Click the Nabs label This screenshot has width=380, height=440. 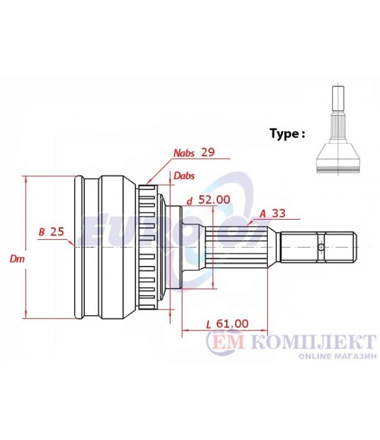click(184, 153)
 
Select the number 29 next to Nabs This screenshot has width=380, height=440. click(208, 153)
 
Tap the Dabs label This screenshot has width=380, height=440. click(184, 176)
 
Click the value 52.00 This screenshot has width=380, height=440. click(214, 199)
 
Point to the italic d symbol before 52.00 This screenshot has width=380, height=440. click(190, 201)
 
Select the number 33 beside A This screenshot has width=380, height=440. click(279, 213)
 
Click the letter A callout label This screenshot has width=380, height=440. click(262, 214)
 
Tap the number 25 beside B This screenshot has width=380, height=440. click(57, 232)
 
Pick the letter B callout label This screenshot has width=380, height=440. click(42, 232)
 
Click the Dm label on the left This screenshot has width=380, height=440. click(17, 259)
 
